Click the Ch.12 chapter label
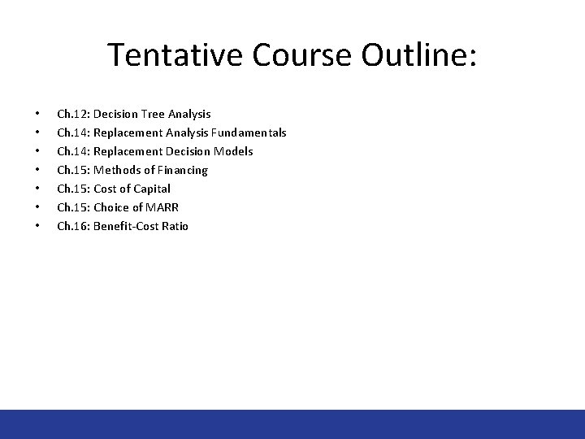coord(73,114)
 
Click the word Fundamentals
coord(248,133)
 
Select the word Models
coord(234,151)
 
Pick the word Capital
coord(151,189)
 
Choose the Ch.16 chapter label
coord(73,226)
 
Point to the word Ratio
coord(174,226)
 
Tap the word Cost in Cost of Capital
coord(106,189)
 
